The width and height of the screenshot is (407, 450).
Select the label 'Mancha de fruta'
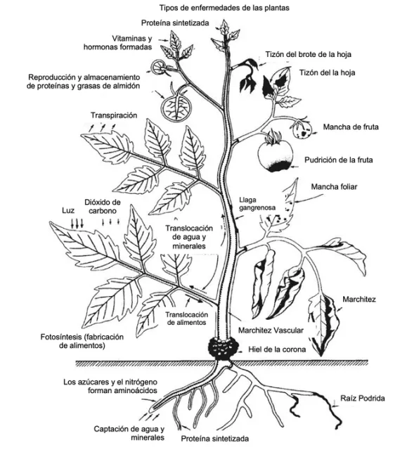tap(351, 127)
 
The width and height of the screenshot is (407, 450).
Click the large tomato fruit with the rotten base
tap(273, 155)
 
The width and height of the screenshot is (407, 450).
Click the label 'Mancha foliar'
tap(335, 188)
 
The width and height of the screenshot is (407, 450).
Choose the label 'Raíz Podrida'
tap(362, 399)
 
